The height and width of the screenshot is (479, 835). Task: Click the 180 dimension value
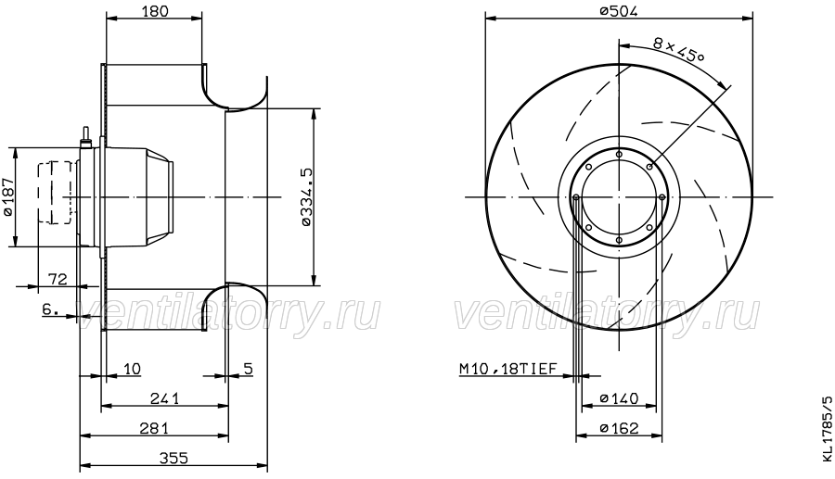click(155, 10)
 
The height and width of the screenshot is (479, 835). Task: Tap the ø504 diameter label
click(618, 10)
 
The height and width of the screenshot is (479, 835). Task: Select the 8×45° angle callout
click(678, 51)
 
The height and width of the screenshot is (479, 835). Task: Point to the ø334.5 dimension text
click(305, 197)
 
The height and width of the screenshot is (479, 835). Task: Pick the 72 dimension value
click(58, 279)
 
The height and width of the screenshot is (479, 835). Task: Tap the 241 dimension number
click(164, 398)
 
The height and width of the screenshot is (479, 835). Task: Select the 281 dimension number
click(154, 428)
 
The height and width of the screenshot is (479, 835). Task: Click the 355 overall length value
click(174, 458)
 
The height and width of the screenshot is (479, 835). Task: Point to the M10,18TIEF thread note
click(507, 369)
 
